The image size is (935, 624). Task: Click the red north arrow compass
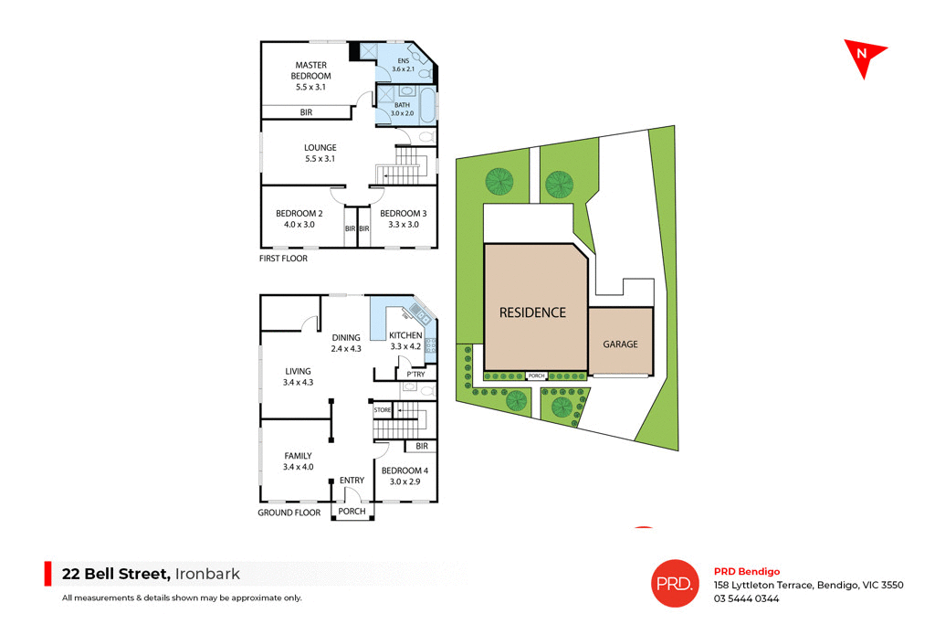[862, 58]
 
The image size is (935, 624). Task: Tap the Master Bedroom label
[311, 76]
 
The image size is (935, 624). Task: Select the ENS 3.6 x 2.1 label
[404, 65]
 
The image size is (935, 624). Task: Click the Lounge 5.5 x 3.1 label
[320, 153]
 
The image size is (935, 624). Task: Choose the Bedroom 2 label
[299, 218]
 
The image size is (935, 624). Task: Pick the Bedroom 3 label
[403, 218]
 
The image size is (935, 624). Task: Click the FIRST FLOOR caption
[283, 259]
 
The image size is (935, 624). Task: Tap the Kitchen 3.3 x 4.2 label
[404, 341]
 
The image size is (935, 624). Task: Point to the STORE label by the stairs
[383, 411]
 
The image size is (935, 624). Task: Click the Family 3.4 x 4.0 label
[298, 461]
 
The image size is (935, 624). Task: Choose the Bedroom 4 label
[404, 475]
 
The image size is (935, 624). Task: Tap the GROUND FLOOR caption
[289, 513]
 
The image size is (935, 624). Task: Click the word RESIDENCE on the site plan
[532, 312]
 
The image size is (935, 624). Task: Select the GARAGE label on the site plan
[620, 344]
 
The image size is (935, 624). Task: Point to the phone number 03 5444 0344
[746, 599]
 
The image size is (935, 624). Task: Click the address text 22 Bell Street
[116, 574]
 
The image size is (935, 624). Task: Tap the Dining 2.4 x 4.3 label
[346, 343]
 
